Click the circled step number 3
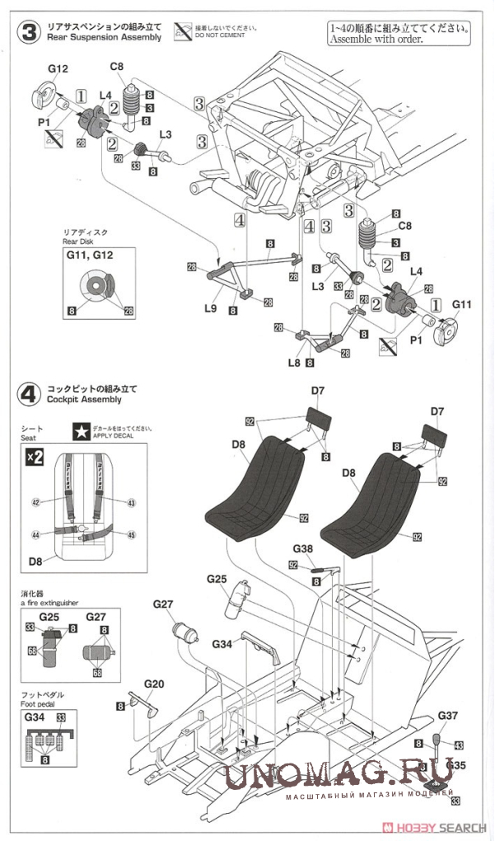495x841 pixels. [28, 33]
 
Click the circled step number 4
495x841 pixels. [28, 393]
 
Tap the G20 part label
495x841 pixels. [154, 684]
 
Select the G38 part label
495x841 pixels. [302, 548]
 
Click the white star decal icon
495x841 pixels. [80, 430]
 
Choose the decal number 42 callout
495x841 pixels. [35, 501]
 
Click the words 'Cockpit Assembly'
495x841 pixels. [84, 399]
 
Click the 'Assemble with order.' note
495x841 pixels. [376, 39]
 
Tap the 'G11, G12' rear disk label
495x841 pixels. [96, 256]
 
